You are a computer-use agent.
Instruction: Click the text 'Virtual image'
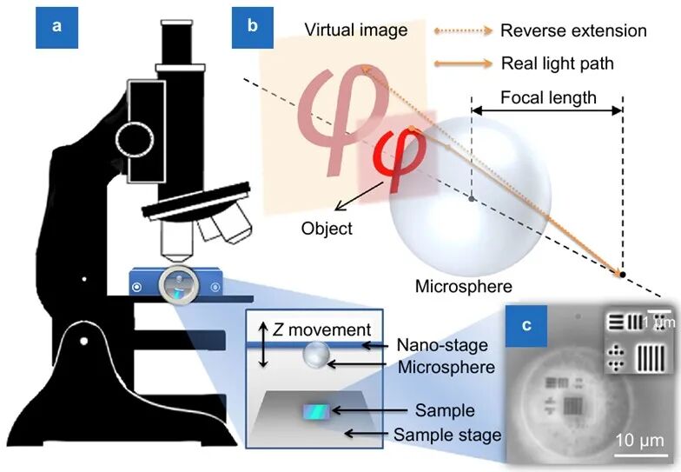356,30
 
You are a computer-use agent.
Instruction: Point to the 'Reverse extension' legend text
573,30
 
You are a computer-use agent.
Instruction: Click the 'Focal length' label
546,96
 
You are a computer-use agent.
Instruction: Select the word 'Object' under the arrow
327,229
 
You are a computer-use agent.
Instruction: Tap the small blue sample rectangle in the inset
315,411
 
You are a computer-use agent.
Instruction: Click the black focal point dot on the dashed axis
622,276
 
